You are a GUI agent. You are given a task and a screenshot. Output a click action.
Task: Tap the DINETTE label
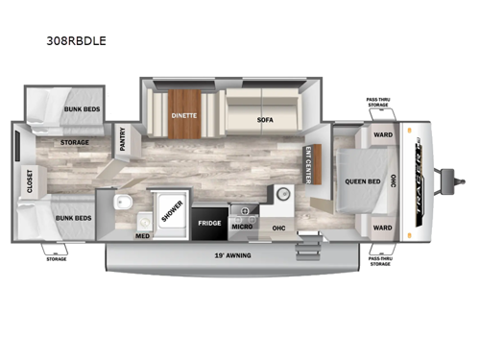pyautogui.click(x=184, y=115)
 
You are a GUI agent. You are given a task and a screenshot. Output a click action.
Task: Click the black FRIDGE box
pyautogui.click(x=209, y=223)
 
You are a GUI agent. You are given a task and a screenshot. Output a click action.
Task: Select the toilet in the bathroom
pyautogui.click(x=122, y=204)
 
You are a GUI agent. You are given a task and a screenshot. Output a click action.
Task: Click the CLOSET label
pyautogui.click(x=30, y=180)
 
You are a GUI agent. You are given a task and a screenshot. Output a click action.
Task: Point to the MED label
pyautogui.click(x=142, y=235)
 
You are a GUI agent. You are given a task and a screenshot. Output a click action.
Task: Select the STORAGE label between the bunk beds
pyautogui.click(x=75, y=143)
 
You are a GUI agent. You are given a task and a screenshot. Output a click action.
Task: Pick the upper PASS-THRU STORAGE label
pyautogui.click(x=378, y=102)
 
